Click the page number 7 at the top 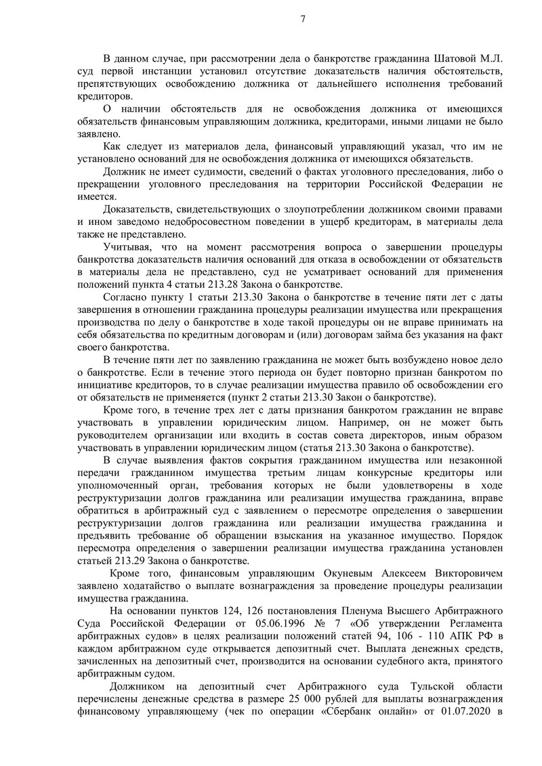(x=302, y=19)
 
